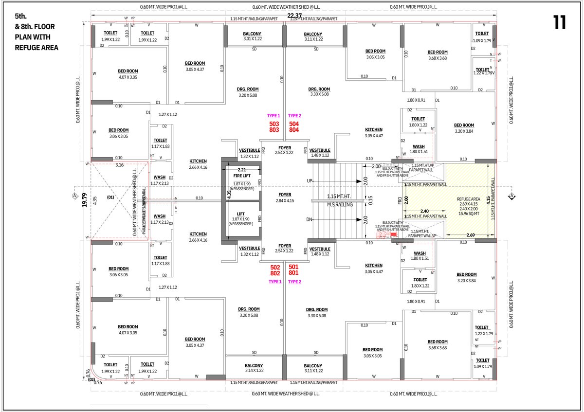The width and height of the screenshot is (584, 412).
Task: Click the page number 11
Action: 559,23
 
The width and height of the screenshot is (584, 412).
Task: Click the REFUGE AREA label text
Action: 469,199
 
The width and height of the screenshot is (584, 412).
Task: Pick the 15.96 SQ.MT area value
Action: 469,214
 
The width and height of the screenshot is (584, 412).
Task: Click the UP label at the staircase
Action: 310,180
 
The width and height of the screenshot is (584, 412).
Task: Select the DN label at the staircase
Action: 309,220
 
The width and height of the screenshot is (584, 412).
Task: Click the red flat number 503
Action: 274,124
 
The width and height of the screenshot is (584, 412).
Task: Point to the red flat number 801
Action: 293,273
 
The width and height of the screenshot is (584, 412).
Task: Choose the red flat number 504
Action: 294,124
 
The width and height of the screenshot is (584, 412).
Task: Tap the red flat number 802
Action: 275,273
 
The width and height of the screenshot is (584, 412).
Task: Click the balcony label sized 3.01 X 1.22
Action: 253,36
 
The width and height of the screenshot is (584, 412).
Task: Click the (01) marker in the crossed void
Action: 110,197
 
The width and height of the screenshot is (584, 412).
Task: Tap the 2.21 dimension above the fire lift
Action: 242,170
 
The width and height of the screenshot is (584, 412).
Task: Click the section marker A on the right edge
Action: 511,196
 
